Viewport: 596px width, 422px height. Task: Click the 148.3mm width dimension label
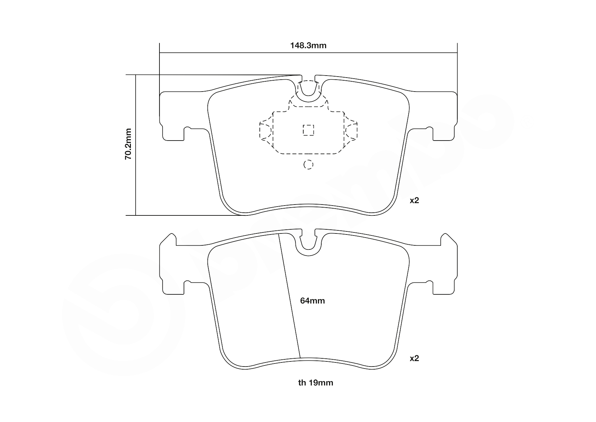tap(308, 46)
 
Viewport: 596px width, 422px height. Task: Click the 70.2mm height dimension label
tap(128, 144)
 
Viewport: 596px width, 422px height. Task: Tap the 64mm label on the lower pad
tap(312, 301)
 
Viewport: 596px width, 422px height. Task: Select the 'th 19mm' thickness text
tap(316, 383)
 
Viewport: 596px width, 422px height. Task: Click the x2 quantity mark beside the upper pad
tap(414, 200)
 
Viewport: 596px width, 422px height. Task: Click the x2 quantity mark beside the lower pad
tap(414, 358)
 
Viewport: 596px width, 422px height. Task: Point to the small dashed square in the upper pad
tap(308, 130)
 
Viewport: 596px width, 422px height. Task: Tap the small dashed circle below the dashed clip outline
tap(308, 165)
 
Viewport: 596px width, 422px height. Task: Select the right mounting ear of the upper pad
tap(444, 116)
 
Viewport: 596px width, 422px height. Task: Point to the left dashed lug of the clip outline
tap(266, 130)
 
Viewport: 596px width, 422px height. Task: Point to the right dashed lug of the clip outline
tap(351, 130)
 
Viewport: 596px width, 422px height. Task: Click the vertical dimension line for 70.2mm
tap(135, 170)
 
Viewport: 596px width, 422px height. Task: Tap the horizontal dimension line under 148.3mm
tap(238, 53)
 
